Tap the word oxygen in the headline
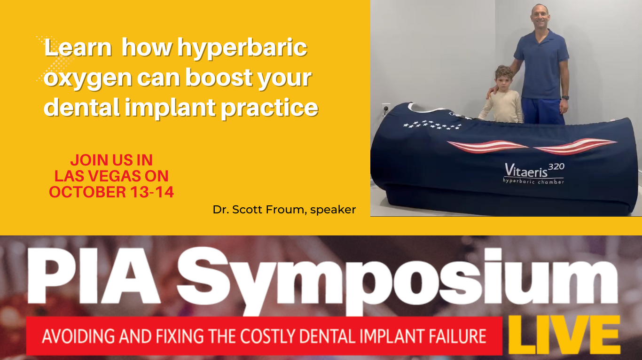88,78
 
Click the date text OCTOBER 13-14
111,192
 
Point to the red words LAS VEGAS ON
111,176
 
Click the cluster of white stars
432,125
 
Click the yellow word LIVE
564,335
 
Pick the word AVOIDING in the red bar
71,336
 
